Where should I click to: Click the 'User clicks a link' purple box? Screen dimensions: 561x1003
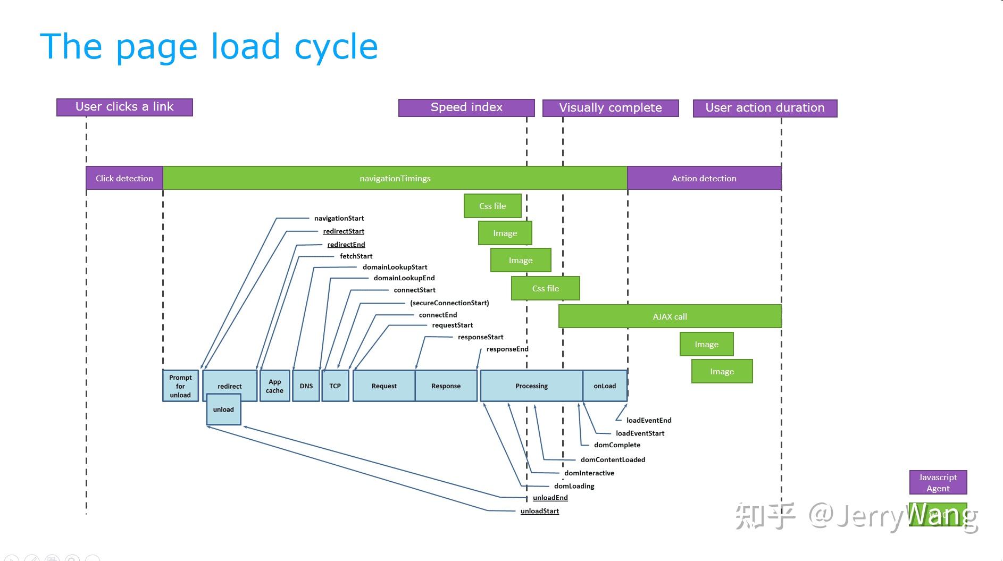[124, 107]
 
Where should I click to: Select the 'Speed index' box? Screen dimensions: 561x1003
[466, 107]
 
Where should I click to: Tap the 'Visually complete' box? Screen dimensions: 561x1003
[611, 108]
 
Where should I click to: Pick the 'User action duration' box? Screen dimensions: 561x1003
[765, 108]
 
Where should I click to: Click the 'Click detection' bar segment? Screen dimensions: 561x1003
[124, 178]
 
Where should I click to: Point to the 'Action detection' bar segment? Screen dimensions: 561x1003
[704, 178]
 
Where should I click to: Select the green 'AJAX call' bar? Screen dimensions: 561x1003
[670, 316]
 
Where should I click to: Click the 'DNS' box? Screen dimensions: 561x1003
[306, 386]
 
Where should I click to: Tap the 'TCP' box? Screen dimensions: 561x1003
[335, 386]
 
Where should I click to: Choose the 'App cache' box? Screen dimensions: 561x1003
[274, 386]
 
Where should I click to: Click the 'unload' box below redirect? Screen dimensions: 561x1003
[223, 410]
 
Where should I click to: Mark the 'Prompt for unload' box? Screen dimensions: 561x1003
[180, 386]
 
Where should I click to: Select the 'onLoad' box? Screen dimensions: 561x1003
[605, 386]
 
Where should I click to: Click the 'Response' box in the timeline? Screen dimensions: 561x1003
[446, 386]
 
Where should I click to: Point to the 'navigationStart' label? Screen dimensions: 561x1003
[339, 218]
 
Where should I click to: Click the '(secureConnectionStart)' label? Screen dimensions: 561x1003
[449, 303]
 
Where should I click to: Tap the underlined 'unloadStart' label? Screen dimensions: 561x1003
[539, 511]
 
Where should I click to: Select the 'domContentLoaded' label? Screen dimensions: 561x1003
[613, 459]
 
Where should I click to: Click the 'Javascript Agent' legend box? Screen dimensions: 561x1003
[938, 483]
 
